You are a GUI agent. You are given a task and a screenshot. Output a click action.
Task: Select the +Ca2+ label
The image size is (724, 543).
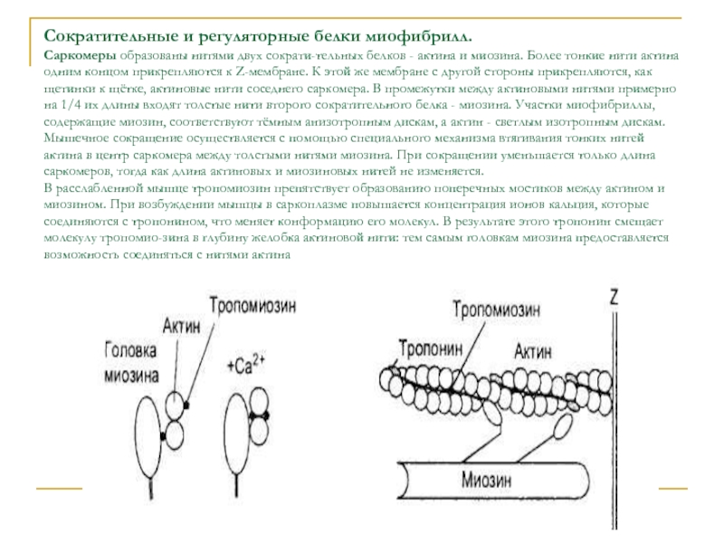[x=247, y=365]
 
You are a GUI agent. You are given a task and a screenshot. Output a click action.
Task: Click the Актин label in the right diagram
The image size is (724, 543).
[x=535, y=349]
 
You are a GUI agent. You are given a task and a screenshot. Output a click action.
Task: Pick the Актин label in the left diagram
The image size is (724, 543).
[x=182, y=325]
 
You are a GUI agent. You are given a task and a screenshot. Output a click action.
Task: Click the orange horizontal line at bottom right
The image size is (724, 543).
[x=672, y=489]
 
